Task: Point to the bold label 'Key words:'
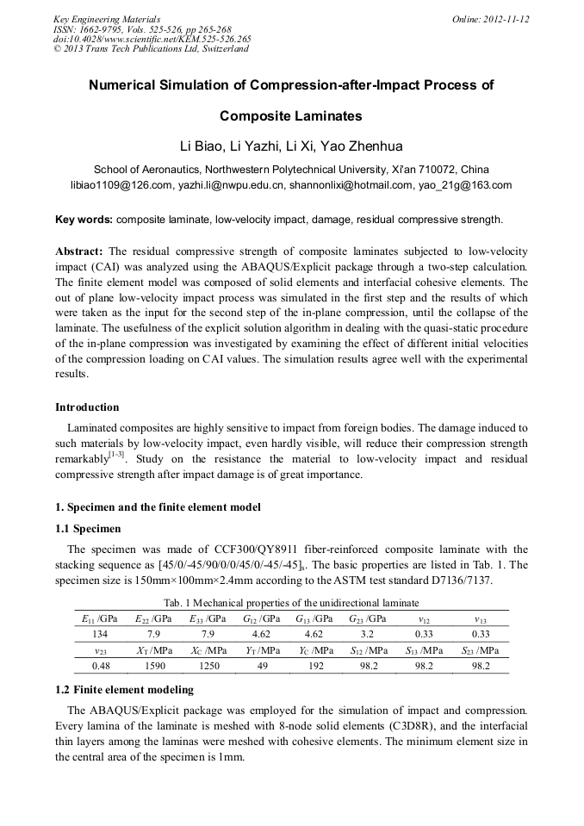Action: tap(84, 220)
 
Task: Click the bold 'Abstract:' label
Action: tap(79, 251)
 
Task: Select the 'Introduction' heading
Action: tap(87, 407)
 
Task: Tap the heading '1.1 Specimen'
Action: tap(88, 528)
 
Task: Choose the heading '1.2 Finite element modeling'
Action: tap(124, 690)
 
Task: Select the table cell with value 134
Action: tap(87, 634)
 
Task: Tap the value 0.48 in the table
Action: tap(87, 666)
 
